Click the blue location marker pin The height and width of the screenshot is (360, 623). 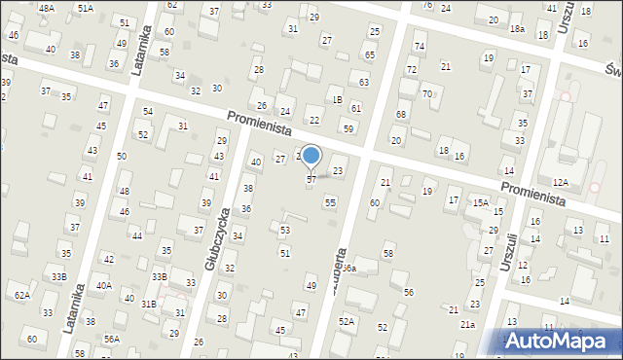pyautogui.click(x=311, y=156)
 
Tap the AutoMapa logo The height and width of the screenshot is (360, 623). pyautogui.click(x=559, y=340)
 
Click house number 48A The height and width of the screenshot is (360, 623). pyautogui.click(x=47, y=8)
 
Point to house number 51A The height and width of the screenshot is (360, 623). pyautogui.click(x=86, y=8)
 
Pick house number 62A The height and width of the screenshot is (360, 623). pyautogui.click(x=21, y=295)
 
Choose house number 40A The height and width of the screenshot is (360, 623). pyautogui.click(x=104, y=286)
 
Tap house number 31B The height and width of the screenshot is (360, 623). pyautogui.click(x=148, y=305)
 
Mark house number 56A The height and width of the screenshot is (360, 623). pyautogui.click(x=112, y=339)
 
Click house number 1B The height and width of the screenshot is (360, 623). pyautogui.click(x=336, y=100)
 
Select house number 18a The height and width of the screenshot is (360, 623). pyautogui.click(x=516, y=30)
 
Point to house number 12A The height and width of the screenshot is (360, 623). pyautogui.click(x=560, y=182)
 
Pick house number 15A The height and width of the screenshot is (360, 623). pyautogui.click(x=481, y=202)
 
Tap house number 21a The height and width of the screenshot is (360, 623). pyautogui.click(x=468, y=325)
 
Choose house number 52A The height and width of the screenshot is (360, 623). pyautogui.click(x=347, y=321)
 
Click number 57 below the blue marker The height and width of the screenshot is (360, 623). pyautogui.click(x=311, y=180)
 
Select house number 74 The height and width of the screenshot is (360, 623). pyautogui.click(x=420, y=47)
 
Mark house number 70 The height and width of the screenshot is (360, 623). pyautogui.click(x=427, y=93)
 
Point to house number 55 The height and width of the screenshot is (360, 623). pyautogui.click(x=331, y=202)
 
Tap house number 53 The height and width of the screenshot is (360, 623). pyautogui.click(x=285, y=231)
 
